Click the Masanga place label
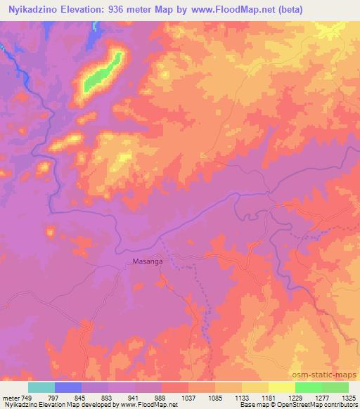point(148,261)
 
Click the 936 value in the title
point(122,10)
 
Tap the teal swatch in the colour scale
point(41,387)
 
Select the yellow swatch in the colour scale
point(282,387)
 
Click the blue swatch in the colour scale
point(68,387)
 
